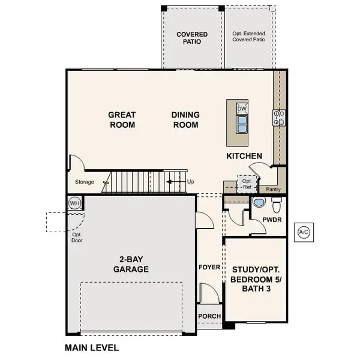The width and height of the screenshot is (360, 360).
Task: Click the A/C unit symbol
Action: [x=304, y=232]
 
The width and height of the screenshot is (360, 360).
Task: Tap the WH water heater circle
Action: [x=74, y=203]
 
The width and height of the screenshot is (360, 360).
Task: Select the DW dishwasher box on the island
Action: [x=242, y=109]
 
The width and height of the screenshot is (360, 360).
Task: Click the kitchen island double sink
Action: [x=242, y=124]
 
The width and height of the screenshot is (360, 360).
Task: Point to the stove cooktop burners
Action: [x=279, y=118]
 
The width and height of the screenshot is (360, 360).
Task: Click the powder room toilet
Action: [x=277, y=205]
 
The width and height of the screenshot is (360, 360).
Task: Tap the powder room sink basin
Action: [x=259, y=202]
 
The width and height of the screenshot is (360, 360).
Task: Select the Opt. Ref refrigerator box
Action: [x=247, y=184]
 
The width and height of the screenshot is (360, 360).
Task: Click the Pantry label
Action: [x=273, y=190]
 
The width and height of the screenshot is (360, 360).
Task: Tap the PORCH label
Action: [x=209, y=316]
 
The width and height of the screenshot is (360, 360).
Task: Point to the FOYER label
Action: [x=209, y=267]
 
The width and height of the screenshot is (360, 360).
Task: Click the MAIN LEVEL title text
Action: [x=92, y=347]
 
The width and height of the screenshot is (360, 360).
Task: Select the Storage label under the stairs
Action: [x=85, y=182]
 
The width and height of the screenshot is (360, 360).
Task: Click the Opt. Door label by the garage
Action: [x=77, y=238]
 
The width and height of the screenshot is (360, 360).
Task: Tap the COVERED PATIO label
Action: [x=192, y=38]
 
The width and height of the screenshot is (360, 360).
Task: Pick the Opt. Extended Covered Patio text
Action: [x=248, y=37]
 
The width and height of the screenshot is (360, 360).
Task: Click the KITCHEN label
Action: [x=244, y=156]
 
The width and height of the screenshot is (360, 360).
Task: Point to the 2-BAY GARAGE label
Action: [x=131, y=264]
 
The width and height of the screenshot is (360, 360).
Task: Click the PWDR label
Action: [x=272, y=220]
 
